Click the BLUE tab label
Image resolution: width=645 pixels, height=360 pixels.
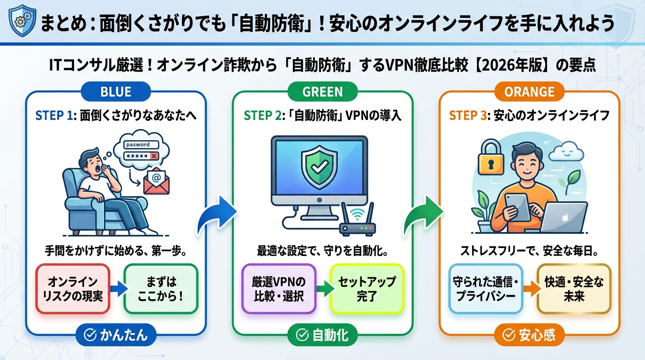coord(116,91)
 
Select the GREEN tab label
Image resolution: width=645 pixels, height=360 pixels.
coord(322,91)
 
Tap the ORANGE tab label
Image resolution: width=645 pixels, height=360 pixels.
coord(529,91)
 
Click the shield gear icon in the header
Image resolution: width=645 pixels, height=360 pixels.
coord(21,21)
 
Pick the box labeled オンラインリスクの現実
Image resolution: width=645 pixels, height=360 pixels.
coord(72,289)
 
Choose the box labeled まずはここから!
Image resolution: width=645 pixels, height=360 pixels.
coord(161,289)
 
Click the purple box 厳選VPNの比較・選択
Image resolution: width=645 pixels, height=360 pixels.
coord(279,289)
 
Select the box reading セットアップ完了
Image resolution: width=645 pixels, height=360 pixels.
coord(367,289)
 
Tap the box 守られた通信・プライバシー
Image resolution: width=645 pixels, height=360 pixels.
coord(485,289)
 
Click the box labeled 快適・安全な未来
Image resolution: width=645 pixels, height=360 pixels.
coord(574,289)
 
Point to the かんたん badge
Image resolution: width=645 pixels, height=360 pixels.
coord(115,335)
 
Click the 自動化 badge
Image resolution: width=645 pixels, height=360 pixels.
coord(322,335)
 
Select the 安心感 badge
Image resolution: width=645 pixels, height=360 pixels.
coord(529,335)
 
